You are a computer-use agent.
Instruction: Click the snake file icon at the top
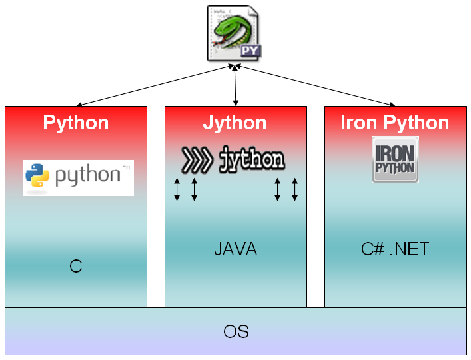[234, 33]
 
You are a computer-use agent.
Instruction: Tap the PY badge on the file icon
[248, 51]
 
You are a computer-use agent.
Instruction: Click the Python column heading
[76, 123]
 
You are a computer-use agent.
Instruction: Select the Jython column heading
[235, 123]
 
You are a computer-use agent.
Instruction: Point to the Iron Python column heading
[395, 123]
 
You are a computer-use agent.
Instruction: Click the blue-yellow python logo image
[78, 177]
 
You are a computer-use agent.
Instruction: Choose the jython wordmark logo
[233, 160]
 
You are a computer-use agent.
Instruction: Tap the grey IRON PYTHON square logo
[395, 160]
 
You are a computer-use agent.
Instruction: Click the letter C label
[75, 267]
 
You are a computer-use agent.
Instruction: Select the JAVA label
[235, 250]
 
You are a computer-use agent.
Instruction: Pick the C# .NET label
[395, 250]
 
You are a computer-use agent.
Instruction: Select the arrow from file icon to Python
[155, 85]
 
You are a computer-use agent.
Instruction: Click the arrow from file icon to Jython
[235, 85]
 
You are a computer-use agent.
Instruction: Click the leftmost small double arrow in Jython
[177, 189]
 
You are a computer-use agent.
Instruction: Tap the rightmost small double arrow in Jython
[294, 189]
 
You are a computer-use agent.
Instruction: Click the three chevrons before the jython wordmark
[197, 160]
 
